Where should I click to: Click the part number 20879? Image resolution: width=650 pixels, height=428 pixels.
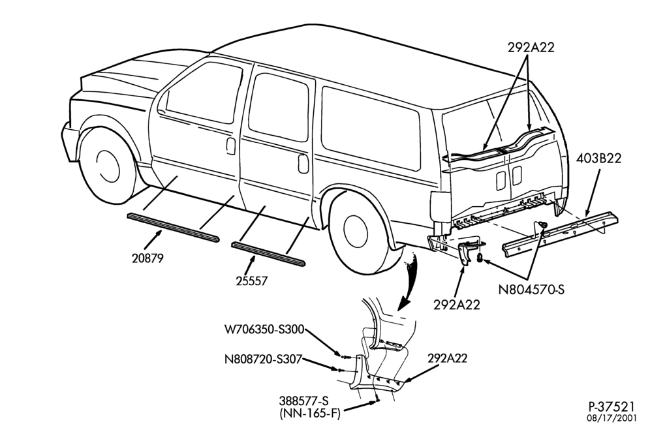(147, 258)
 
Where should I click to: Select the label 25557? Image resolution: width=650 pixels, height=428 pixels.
(252, 281)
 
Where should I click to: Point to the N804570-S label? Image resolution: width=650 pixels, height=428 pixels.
(531, 289)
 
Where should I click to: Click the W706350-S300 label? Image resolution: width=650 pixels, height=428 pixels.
(264, 329)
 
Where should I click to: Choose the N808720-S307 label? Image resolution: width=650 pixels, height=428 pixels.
(263, 359)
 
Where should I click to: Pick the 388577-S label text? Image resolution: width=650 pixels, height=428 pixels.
(303, 401)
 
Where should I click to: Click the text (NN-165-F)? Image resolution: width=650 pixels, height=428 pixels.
(309, 413)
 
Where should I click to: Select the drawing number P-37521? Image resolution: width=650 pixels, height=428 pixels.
(611, 406)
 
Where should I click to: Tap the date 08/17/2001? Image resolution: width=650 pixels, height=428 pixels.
(611, 418)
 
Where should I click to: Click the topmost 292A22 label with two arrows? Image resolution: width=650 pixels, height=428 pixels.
(531, 48)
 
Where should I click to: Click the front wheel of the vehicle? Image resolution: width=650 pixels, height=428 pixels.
(108, 166)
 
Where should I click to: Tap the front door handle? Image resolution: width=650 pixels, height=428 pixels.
(231, 146)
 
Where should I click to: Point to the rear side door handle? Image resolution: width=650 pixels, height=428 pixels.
(303, 164)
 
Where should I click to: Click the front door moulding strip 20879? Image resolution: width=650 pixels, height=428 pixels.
(173, 228)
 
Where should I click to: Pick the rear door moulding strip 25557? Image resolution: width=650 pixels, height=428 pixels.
(268, 254)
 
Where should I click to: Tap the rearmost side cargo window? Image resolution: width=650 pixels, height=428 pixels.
(371, 128)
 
